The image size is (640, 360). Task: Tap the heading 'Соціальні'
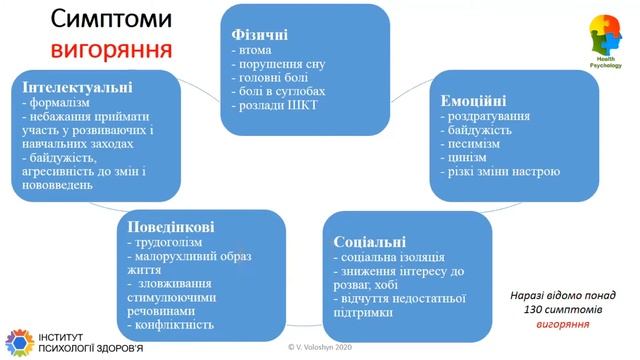pyautogui.click(x=365, y=242)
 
